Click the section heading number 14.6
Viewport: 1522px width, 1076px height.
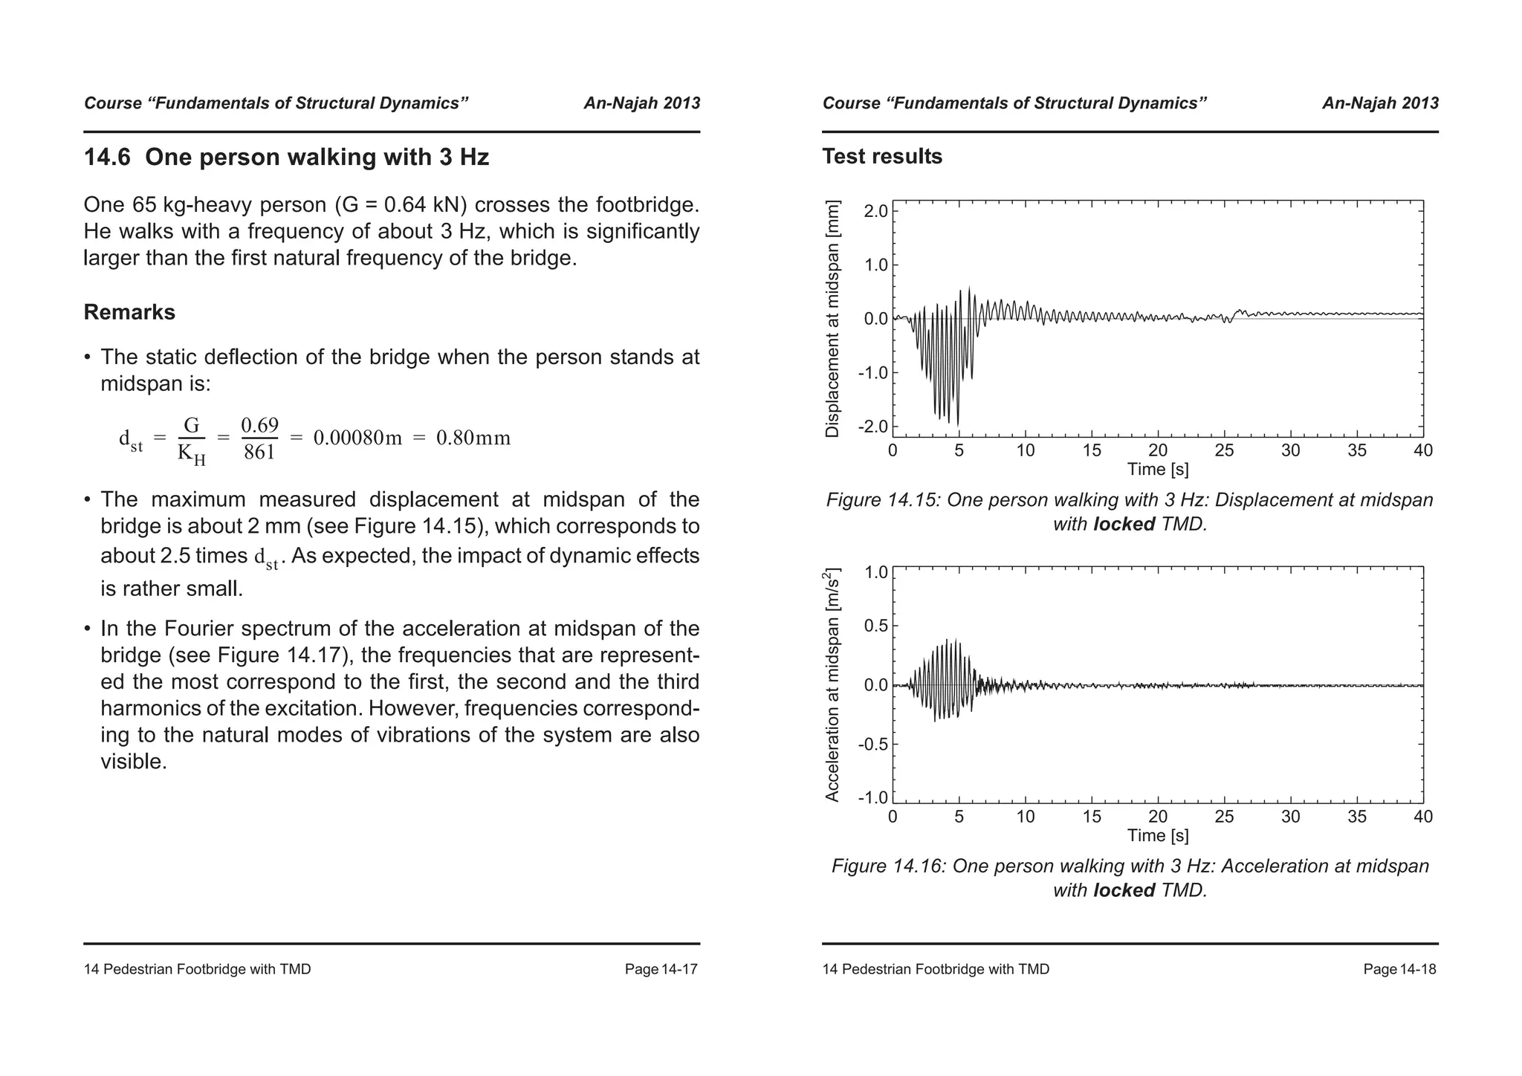click(x=107, y=158)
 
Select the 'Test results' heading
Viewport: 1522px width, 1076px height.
click(x=881, y=157)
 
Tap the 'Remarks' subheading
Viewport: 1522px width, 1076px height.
click(x=129, y=312)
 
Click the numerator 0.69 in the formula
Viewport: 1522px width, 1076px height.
click(x=259, y=426)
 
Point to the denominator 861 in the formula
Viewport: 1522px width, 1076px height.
click(x=259, y=452)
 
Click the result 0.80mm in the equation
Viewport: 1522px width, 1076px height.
click(x=473, y=438)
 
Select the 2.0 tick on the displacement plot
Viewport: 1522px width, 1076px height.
click(x=875, y=211)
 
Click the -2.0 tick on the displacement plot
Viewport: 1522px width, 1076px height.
click(x=872, y=427)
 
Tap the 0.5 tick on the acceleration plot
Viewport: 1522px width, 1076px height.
click(x=875, y=626)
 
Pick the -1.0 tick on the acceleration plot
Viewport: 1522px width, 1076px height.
click(x=872, y=798)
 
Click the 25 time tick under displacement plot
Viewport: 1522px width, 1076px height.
click(x=1224, y=450)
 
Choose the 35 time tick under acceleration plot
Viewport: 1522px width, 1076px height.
click(x=1357, y=817)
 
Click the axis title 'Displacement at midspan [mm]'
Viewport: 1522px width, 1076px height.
click(x=832, y=319)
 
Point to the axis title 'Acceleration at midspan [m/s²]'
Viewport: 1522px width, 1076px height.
click(x=832, y=684)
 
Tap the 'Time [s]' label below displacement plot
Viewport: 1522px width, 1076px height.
click(x=1157, y=470)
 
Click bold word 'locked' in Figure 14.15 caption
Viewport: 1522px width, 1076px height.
click(x=1124, y=525)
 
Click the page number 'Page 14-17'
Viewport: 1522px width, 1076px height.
click(x=661, y=970)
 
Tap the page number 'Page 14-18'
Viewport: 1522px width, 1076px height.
click(x=1399, y=970)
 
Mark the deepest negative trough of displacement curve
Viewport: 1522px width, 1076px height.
click(x=957, y=425)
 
